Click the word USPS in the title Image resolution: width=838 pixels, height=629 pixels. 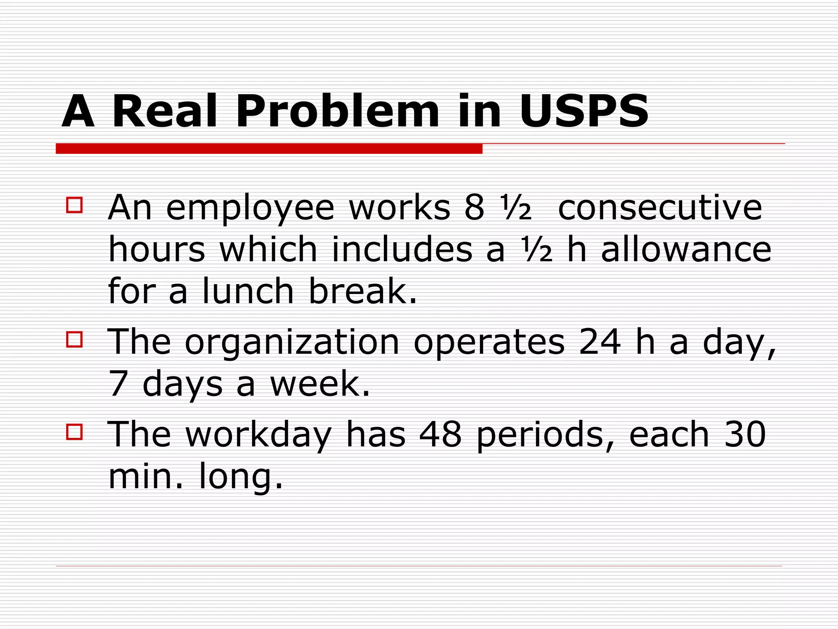[x=584, y=111]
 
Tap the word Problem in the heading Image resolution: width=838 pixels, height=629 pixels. [x=337, y=111]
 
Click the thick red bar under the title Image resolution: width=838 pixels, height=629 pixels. [x=269, y=149]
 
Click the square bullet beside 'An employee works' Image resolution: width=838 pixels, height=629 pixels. [x=74, y=205]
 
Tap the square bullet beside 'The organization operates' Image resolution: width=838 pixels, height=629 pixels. [x=74, y=339]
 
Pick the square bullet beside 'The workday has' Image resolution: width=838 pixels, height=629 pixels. [x=74, y=432]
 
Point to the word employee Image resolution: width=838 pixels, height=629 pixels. [x=250, y=209]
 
